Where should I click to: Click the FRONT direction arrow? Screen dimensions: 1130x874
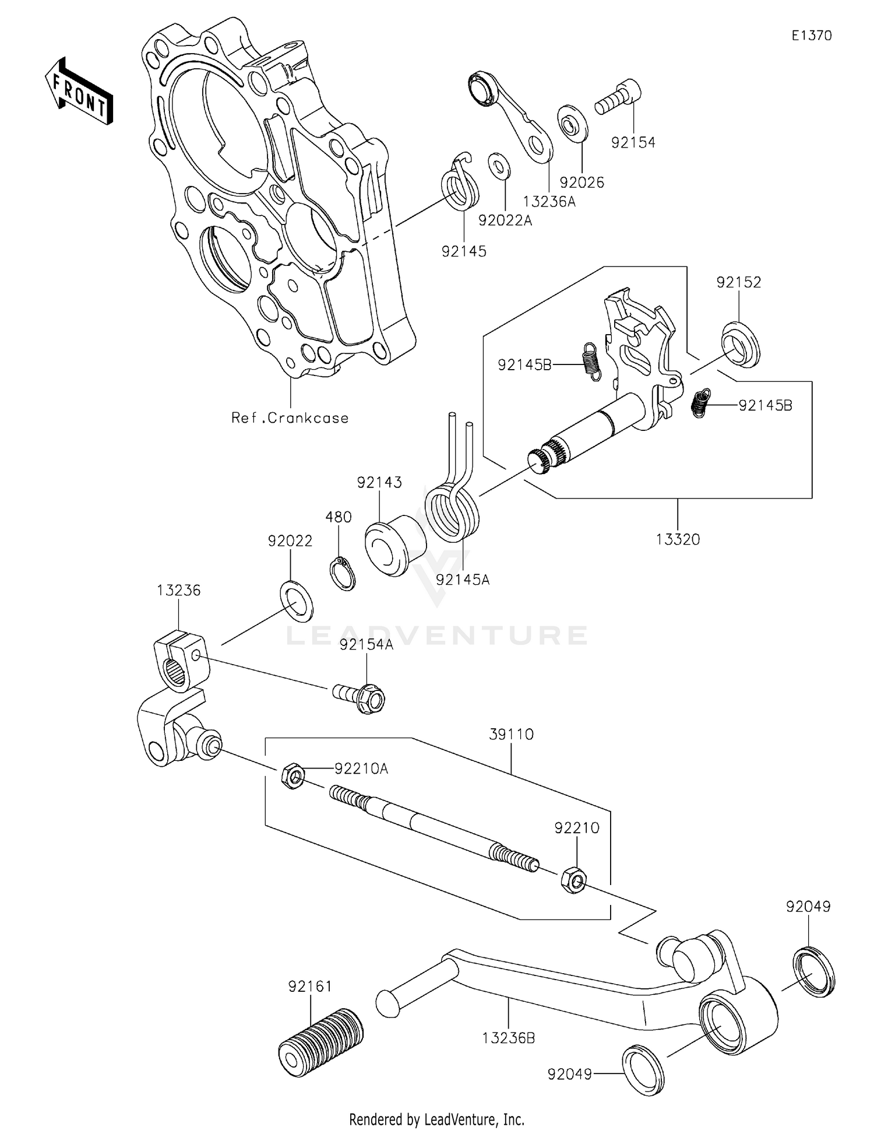[79, 92]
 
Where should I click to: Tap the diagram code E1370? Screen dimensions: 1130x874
[811, 36]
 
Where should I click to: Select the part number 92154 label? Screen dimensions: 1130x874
[633, 142]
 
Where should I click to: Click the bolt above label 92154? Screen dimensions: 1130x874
[619, 97]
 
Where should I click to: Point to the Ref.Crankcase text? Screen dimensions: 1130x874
[290, 418]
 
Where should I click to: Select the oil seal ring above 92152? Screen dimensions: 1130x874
[741, 345]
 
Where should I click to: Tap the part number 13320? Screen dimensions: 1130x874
[677, 539]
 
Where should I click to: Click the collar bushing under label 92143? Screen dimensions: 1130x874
[394, 545]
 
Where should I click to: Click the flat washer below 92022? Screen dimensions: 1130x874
[296, 601]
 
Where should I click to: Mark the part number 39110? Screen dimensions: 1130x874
[511, 734]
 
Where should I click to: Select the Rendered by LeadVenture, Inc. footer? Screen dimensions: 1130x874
[436, 1119]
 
